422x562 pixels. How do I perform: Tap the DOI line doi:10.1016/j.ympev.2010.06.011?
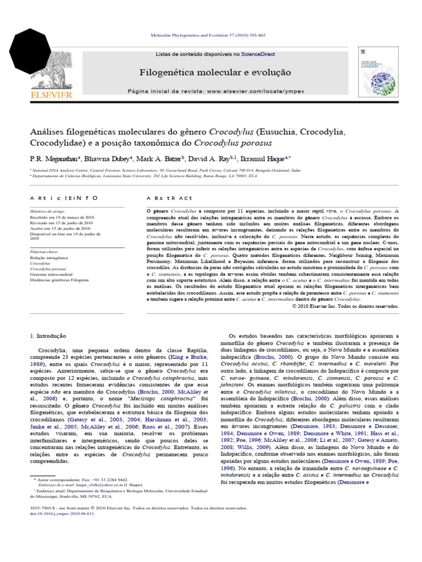coord(62,514)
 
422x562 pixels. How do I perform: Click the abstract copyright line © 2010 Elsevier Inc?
coord(346,306)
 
